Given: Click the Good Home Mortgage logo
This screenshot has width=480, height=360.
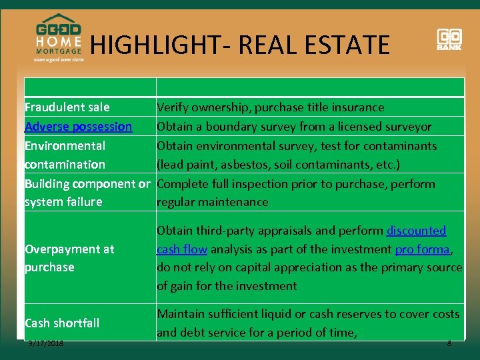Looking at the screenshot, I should click(x=58, y=37).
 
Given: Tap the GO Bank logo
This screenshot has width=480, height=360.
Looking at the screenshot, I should click(x=449, y=39).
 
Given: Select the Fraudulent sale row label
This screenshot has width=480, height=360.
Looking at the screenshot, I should click(x=67, y=107).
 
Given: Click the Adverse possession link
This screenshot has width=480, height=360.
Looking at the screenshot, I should click(x=78, y=126).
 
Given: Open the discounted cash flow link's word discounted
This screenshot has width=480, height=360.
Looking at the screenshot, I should click(x=416, y=231).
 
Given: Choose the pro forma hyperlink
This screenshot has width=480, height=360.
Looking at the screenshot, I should click(x=423, y=249).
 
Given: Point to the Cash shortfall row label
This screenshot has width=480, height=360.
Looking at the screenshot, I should click(x=62, y=323).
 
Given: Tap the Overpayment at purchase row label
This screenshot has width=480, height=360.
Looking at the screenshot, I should click(x=69, y=258).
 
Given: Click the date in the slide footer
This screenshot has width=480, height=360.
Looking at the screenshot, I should click(x=46, y=344).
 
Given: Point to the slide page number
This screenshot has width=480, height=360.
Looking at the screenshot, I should click(x=449, y=344).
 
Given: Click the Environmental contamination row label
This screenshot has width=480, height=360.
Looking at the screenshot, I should click(x=65, y=155).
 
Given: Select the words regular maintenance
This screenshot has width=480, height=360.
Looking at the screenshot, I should click(x=212, y=202).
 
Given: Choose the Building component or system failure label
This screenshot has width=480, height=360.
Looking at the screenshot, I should click(x=87, y=193).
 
